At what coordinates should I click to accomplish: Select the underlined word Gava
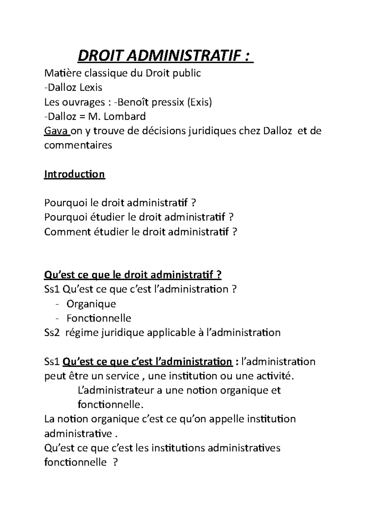[56, 131]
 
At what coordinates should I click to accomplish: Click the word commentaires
[78, 145]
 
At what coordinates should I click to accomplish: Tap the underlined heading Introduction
[75, 174]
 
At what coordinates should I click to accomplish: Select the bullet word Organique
[91, 304]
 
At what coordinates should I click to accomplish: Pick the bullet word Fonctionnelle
[99, 318]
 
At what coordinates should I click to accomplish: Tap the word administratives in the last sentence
[244, 448]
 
